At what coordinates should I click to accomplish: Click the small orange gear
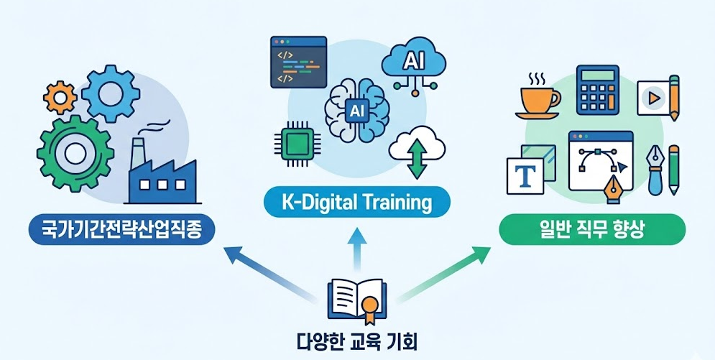(60, 96)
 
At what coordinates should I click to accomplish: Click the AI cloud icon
(415, 63)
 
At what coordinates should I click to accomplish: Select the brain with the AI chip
(356, 111)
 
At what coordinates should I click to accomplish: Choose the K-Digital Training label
(356, 203)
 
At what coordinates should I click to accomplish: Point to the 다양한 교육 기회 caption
(357, 338)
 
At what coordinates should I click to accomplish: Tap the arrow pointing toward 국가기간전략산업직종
(269, 273)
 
